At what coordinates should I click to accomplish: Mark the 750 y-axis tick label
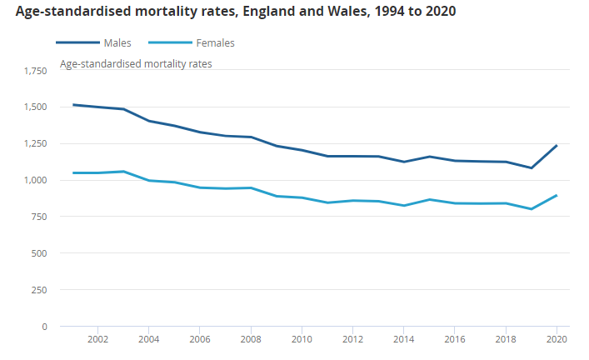40,217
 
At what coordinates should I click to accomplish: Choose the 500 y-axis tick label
40,253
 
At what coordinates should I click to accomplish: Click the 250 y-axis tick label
40,290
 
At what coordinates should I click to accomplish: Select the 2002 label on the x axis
98,340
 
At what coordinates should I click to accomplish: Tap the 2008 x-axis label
251,340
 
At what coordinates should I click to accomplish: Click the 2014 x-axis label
403,340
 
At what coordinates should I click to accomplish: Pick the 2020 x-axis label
557,340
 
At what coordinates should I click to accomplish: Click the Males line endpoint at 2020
557,145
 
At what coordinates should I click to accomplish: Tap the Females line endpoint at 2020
557,196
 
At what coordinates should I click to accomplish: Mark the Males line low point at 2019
531,168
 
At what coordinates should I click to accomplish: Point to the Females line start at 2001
73,173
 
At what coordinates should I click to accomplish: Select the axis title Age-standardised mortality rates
136,64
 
